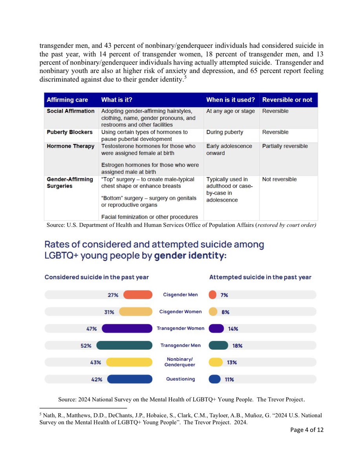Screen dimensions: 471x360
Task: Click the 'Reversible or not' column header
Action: coord(287,100)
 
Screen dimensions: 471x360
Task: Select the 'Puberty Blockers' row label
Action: coord(69,132)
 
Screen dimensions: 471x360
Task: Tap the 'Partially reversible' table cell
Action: coord(285,146)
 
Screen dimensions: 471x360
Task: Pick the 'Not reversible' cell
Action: coord(279,179)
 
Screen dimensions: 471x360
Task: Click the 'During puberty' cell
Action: coord(225,132)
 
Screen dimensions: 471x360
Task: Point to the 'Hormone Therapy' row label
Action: coord(71,146)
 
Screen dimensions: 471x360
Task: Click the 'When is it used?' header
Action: coord(230,100)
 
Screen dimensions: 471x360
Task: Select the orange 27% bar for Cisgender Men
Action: coord(138,295)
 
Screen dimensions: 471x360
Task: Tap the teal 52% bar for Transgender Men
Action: coord(124,345)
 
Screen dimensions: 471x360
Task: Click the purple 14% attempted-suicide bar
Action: coord(216,329)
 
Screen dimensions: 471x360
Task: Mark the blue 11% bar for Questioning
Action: coord(215,379)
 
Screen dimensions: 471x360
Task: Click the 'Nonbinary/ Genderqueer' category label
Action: coord(180,362)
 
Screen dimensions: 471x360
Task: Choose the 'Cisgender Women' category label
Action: coord(180,312)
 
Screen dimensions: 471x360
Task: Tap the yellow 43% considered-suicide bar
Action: coord(129,362)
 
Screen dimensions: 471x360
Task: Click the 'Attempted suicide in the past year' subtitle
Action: coord(260,277)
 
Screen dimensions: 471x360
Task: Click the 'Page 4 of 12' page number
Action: coord(307,430)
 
